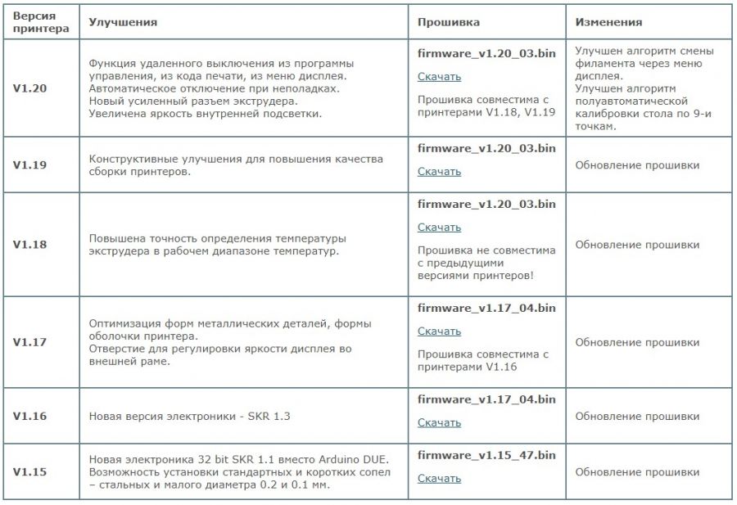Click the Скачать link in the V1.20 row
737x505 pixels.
[439, 77]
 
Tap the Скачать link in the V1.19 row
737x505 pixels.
[439, 172]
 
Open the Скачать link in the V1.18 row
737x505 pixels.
[439, 228]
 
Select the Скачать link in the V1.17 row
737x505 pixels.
[439, 331]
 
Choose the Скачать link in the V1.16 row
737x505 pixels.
[439, 423]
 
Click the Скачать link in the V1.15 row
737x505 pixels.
[439, 479]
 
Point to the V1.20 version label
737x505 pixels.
[29, 87]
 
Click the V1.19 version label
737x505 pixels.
[29, 165]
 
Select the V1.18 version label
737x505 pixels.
[29, 244]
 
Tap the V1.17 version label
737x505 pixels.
[29, 342]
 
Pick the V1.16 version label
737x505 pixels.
[29, 416]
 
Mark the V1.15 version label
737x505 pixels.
[29, 471]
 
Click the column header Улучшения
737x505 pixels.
[123, 22]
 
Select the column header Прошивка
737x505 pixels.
[449, 22]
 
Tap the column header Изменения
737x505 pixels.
[608, 22]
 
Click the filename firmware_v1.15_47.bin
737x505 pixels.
[486, 455]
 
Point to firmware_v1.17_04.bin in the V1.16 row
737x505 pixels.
[486, 399]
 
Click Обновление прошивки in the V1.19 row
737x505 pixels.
[637, 165]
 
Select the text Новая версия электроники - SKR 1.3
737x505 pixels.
[190, 417]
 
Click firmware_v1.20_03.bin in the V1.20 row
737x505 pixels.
[486, 53]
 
